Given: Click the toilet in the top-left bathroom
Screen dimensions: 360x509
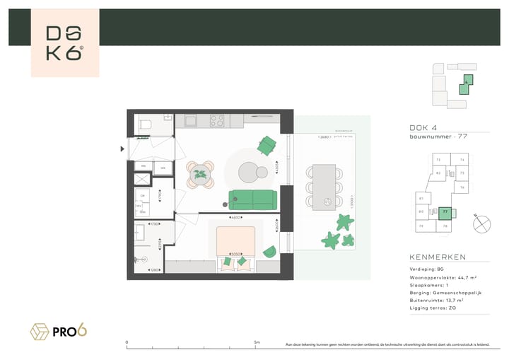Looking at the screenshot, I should [x=145, y=124].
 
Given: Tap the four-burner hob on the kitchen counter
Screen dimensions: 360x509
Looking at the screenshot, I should [x=216, y=121].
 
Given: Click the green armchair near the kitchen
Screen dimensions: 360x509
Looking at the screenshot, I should [x=267, y=146].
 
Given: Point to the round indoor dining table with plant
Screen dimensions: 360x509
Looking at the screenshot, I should [x=201, y=173].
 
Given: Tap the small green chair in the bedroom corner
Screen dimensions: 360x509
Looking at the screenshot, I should [x=269, y=252].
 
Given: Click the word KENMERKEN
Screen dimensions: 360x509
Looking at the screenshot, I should [x=438, y=257].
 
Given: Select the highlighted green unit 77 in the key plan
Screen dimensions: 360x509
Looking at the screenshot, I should [x=445, y=211].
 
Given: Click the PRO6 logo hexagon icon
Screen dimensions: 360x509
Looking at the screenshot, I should [x=39, y=330].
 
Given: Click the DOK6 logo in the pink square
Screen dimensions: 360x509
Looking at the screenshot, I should [x=65, y=43].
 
